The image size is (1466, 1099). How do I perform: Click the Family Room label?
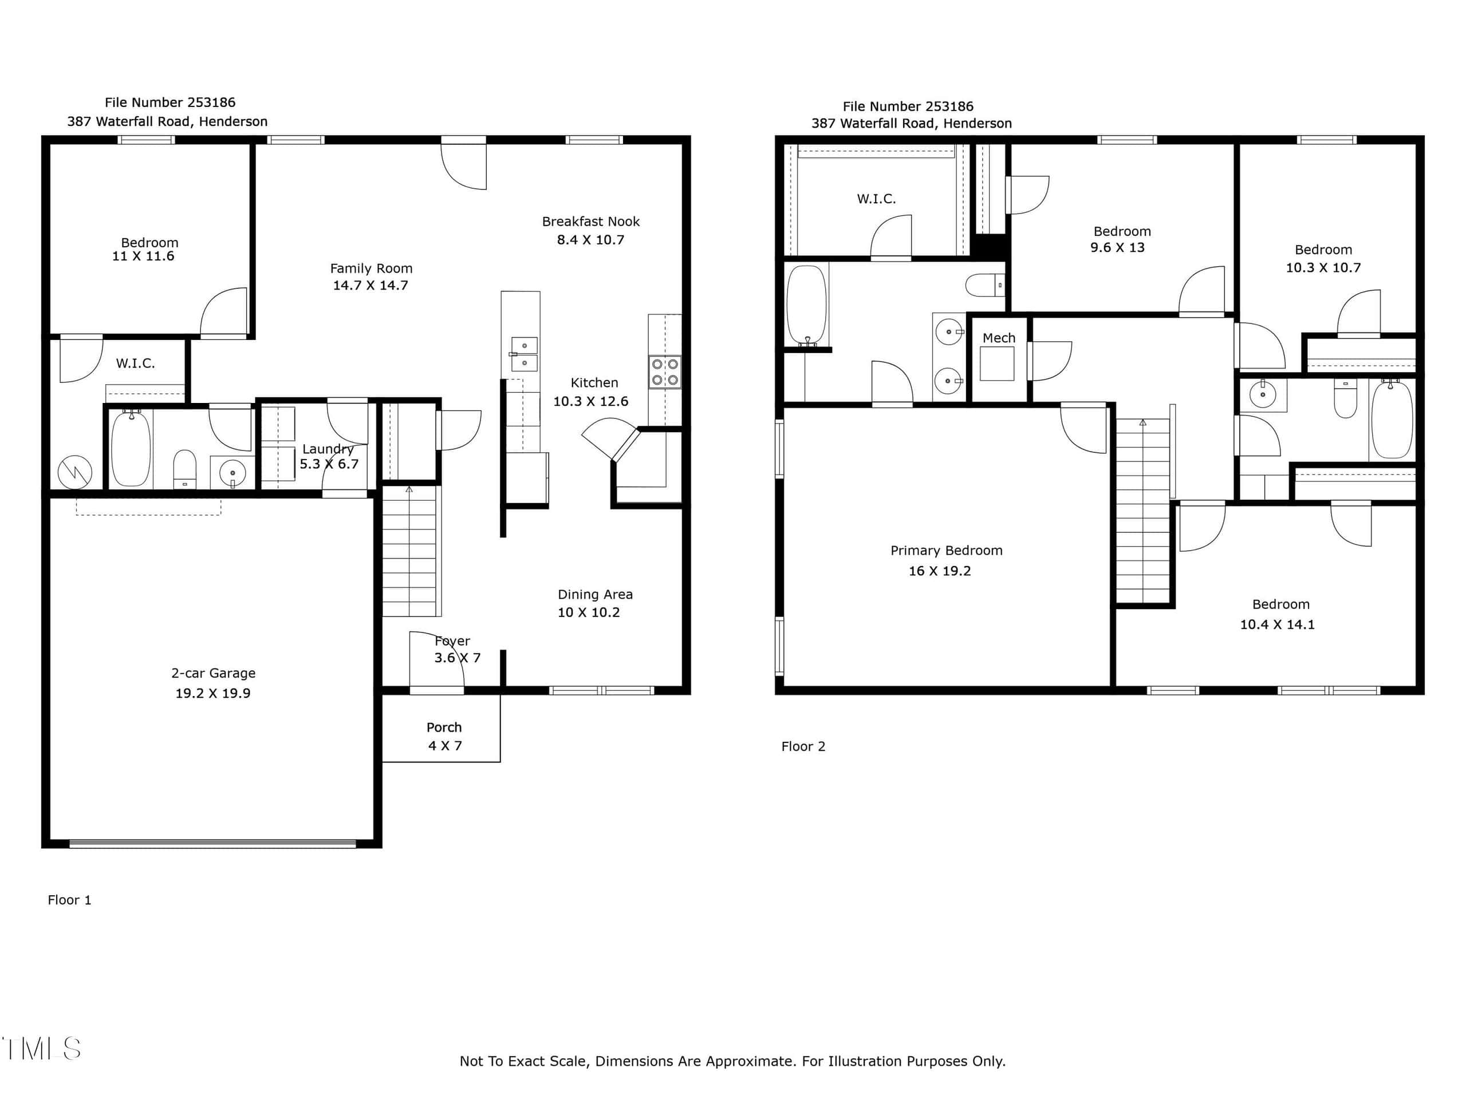point(371,268)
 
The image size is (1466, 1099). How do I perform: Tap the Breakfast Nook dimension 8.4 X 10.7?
point(590,240)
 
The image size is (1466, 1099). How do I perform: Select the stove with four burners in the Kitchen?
point(665,371)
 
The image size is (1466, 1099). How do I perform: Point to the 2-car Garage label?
point(214,673)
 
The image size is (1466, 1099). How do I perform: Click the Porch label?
point(444,728)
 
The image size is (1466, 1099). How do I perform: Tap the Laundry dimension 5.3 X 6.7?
point(329,464)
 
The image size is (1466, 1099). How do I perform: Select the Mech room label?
point(999,338)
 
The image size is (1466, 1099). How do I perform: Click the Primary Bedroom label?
point(947,551)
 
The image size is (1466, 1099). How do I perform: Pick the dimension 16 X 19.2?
point(940,571)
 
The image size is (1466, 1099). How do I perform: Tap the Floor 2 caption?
point(803,746)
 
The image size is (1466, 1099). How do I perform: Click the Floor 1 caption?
point(70,900)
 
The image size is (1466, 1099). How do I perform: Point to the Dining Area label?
point(595,594)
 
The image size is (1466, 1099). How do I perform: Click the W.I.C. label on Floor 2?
point(876,199)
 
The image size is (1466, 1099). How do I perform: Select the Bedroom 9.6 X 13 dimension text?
point(1117,248)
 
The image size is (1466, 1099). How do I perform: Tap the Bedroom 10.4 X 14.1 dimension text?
point(1277,624)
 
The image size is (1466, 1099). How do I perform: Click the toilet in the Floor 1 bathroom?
point(185,469)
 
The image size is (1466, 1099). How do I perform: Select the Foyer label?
point(452,641)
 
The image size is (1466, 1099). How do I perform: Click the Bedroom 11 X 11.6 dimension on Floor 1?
point(143,256)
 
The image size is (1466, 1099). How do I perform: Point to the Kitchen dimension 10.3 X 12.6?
point(591,401)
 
